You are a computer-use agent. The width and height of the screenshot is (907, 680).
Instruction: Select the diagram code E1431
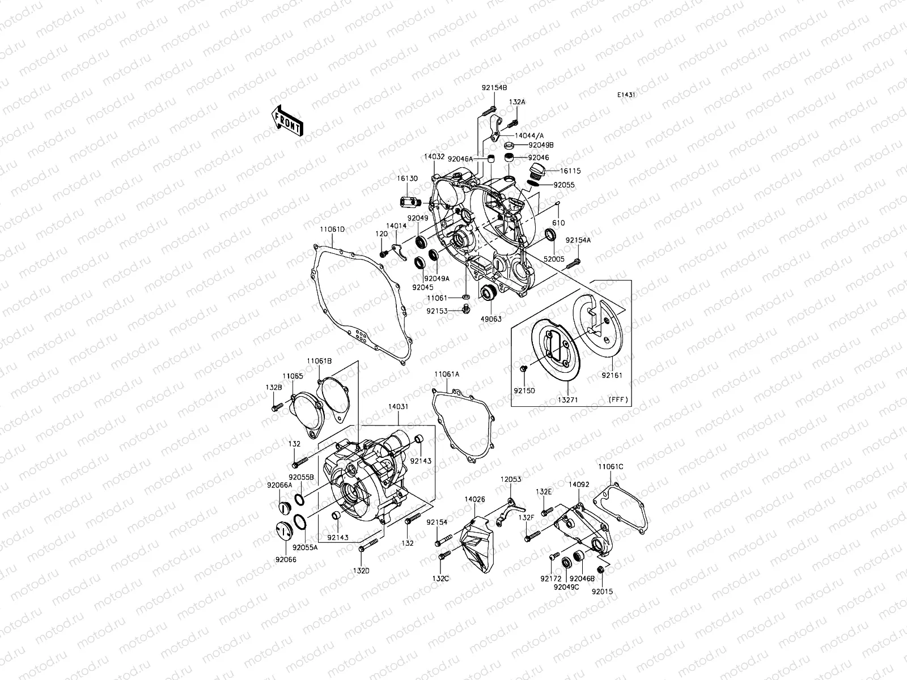626,95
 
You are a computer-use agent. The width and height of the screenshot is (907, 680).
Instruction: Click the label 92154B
494,88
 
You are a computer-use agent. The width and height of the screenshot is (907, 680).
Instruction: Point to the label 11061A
447,375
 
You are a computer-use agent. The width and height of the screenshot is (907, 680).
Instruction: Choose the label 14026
474,499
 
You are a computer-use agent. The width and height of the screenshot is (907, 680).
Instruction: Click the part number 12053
510,479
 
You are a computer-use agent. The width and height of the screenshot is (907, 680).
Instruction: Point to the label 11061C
610,466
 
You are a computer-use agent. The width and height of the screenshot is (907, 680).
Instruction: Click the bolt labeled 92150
523,369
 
